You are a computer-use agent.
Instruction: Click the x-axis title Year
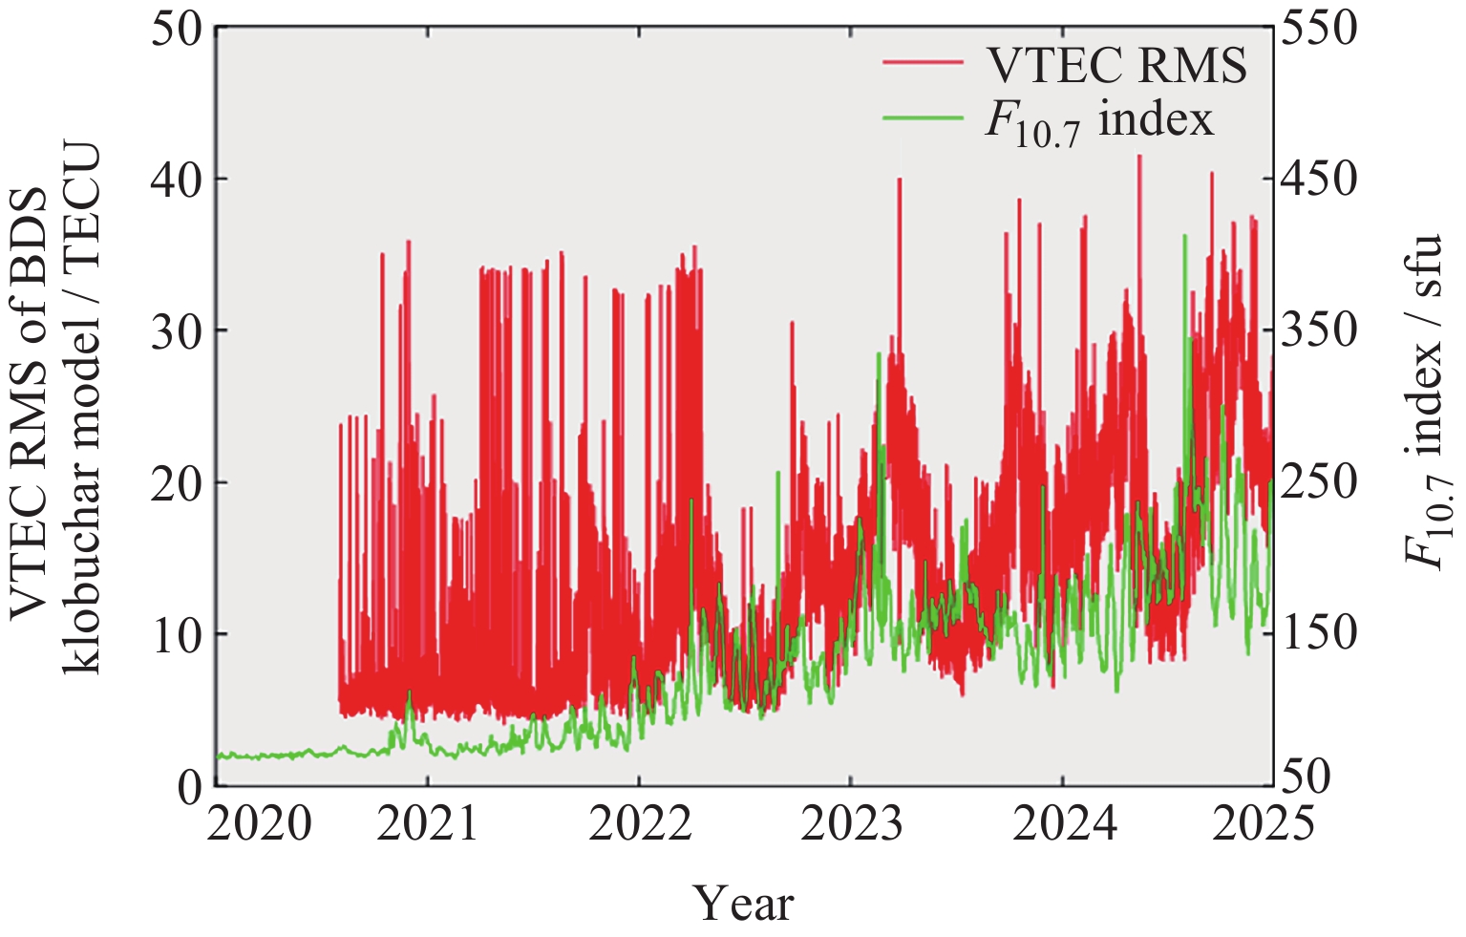[x=743, y=903]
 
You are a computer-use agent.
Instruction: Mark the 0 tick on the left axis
[x=191, y=786]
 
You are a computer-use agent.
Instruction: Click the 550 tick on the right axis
[x=1319, y=29]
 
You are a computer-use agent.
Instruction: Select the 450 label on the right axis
[x=1319, y=180]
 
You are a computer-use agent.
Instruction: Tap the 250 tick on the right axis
[x=1319, y=482]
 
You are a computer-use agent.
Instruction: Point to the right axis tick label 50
[x=1307, y=778]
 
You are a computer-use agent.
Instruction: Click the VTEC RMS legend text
[x=1115, y=65]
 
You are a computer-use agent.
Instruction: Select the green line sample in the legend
[x=923, y=117]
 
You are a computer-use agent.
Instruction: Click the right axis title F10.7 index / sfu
[x=1429, y=401]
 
